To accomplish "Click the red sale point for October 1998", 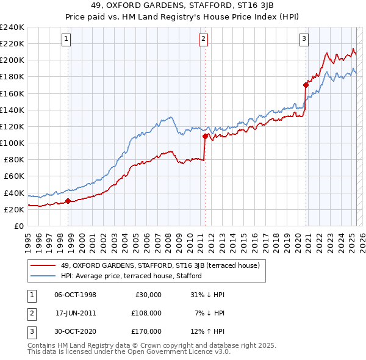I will click(68, 201).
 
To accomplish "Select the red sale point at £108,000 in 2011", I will click(206, 136).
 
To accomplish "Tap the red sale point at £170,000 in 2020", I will click(306, 85).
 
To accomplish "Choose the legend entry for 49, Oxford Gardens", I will click(160, 265).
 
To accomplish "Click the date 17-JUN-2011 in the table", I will click(76, 313).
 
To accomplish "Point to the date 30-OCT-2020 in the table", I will click(76, 331).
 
